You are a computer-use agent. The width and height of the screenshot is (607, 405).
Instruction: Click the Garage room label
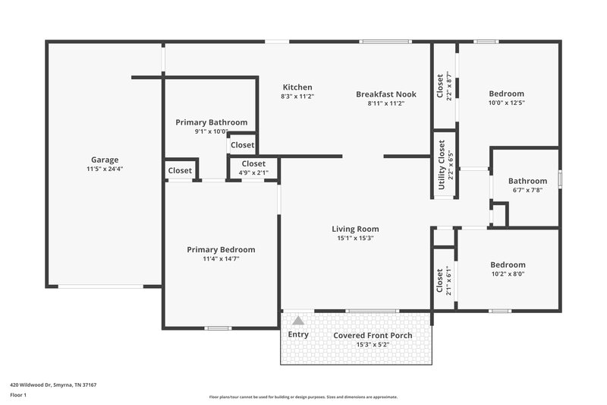(105, 160)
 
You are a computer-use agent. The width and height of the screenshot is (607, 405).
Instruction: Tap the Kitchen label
(297, 87)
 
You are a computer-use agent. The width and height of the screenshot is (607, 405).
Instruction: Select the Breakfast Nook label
(386, 94)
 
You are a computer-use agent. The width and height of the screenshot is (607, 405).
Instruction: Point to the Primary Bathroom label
(211, 122)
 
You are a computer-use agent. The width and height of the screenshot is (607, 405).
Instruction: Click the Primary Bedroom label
(221, 249)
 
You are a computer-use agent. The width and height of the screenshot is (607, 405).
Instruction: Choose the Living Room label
(355, 229)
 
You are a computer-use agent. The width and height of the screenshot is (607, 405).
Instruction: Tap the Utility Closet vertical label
(442, 158)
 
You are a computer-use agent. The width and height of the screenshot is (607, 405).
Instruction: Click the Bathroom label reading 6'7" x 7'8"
(527, 191)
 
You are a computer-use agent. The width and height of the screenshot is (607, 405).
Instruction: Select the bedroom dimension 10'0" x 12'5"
(506, 103)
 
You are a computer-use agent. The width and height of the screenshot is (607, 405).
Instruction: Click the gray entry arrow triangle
(298, 321)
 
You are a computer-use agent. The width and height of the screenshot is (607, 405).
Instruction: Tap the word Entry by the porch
(298, 334)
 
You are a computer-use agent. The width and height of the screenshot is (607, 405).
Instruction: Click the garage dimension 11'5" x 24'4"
(105, 169)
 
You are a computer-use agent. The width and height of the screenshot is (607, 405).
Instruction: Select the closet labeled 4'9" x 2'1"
(253, 172)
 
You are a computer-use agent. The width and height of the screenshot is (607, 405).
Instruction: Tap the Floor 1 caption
(18, 395)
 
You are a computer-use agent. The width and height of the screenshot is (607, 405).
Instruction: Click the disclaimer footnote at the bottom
(303, 397)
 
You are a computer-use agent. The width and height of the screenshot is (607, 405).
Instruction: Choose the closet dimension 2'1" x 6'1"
(448, 280)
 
